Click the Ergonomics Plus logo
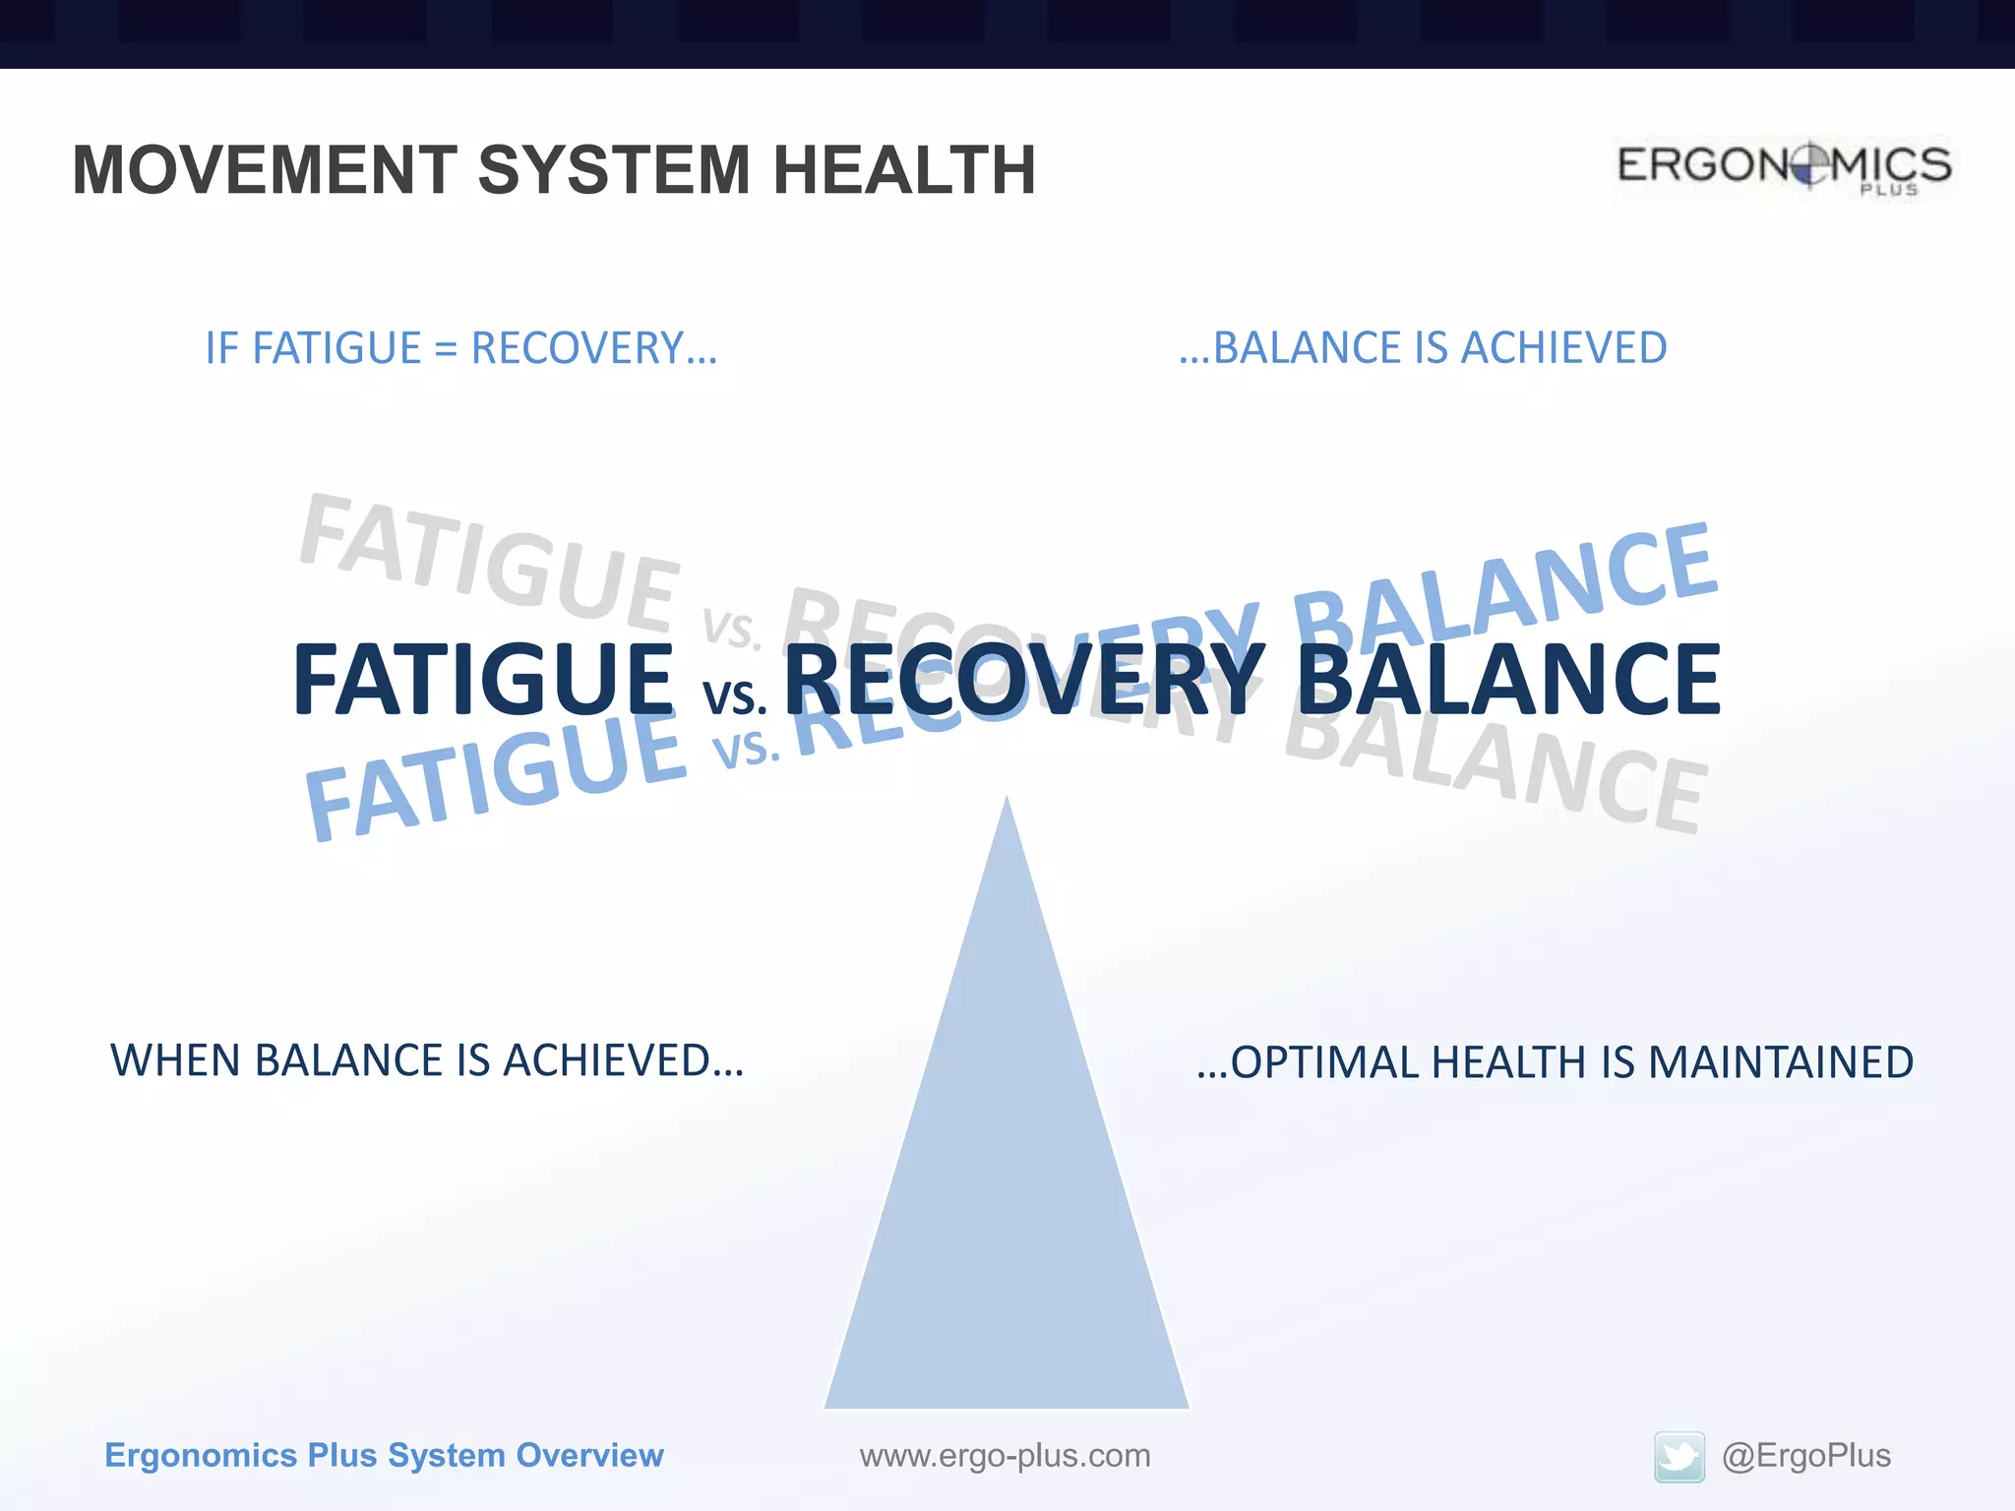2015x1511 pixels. coord(1784,168)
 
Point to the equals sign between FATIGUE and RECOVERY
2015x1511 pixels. coord(446,349)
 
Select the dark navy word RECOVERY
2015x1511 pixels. coord(1023,680)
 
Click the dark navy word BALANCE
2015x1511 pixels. coord(1508,680)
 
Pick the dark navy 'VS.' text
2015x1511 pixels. coord(734,696)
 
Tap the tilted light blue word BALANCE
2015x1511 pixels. coord(1505,590)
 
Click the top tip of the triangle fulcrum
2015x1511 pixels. coord(1007,802)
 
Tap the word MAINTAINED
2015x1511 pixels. coord(1780,1062)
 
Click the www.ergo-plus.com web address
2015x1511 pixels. coord(1005,1455)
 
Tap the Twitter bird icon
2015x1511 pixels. coord(1679,1456)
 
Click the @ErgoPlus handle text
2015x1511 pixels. coord(1805,1455)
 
